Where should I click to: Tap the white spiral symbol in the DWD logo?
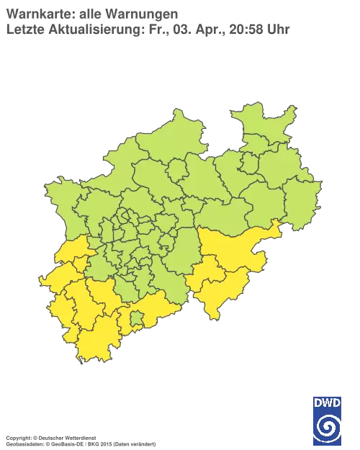[x=327, y=425]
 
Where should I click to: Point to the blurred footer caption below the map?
[x=79, y=437]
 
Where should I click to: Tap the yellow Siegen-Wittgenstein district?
[x=220, y=292]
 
